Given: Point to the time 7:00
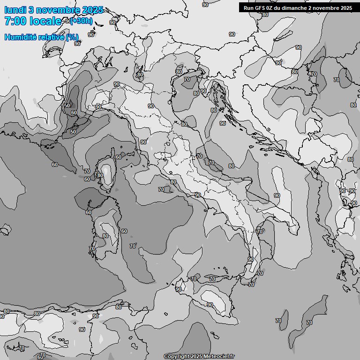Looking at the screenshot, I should pyautogui.click(x=15, y=21).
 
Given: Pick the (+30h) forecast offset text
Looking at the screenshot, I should pyautogui.click(x=81, y=21).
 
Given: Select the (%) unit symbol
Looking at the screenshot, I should pyautogui.click(x=73, y=37).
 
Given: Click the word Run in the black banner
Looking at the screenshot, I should pyautogui.click(x=248, y=8).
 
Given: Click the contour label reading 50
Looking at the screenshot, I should pyautogui.click(x=73, y=132).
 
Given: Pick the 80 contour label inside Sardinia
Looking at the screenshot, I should pyautogui.click(x=105, y=236).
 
